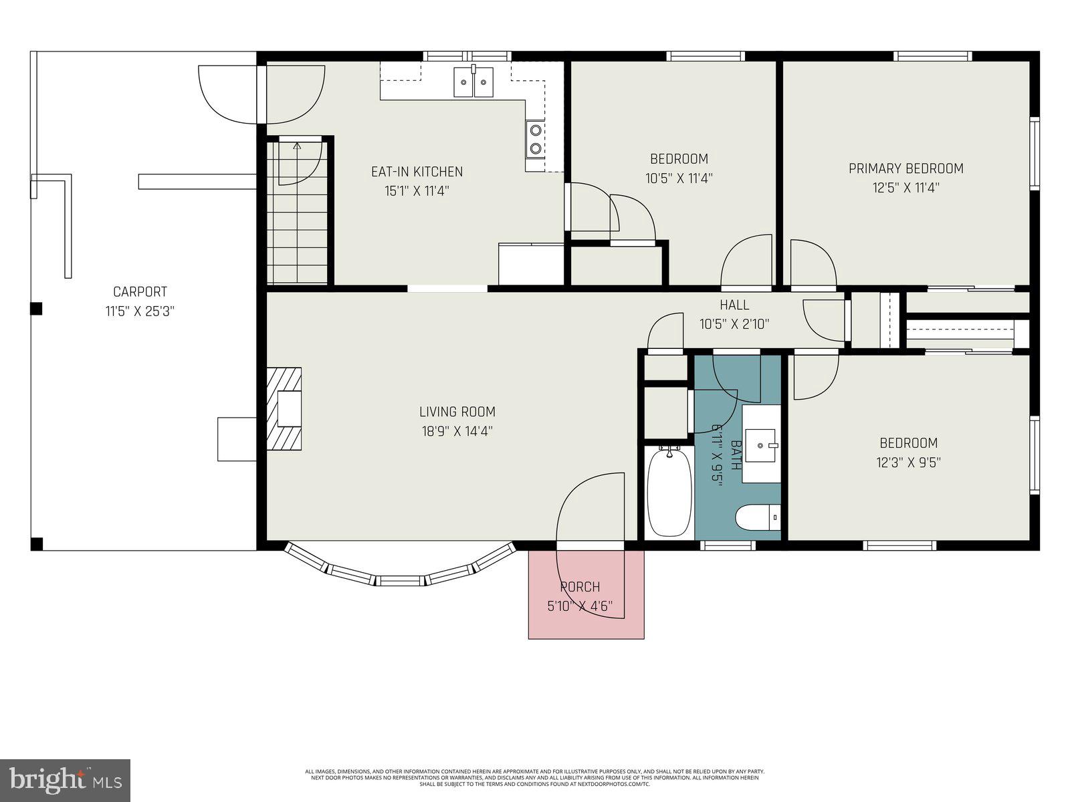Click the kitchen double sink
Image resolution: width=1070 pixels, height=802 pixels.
click(473, 82)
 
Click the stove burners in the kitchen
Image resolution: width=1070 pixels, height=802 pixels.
click(535, 138)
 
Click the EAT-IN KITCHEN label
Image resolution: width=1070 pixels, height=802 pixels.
click(417, 172)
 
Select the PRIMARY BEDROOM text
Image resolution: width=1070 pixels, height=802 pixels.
click(905, 168)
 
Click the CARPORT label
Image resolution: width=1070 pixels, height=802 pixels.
click(140, 291)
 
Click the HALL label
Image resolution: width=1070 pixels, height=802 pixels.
click(734, 305)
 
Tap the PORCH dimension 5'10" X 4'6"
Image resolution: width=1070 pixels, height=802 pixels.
click(579, 607)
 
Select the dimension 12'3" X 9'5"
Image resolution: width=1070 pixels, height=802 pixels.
click(907, 462)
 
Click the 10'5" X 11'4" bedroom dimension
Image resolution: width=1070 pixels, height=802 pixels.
click(679, 178)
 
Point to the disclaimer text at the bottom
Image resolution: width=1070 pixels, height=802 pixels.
click(535, 777)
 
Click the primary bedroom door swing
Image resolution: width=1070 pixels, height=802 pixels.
click(811, 264)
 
